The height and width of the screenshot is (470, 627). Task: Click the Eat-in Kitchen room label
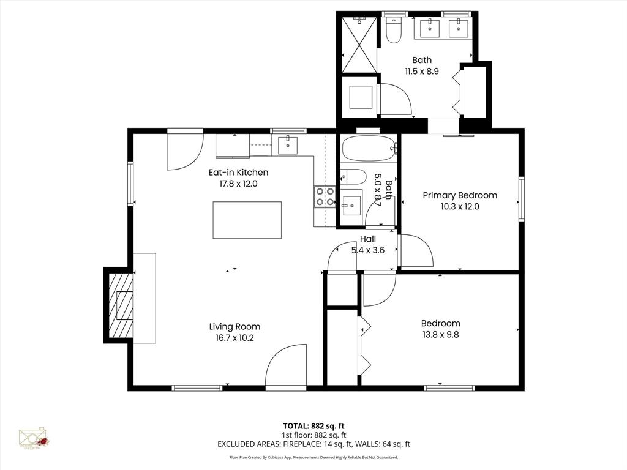pyautogui.click(x=238, y=173)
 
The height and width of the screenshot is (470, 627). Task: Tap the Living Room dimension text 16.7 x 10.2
pyautogui.click(x=235, y=338)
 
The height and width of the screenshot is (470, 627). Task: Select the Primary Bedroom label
pyautogui.click(x=460, y=195)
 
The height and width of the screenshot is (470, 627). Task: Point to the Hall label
pyautogui.click(x=367, y=239)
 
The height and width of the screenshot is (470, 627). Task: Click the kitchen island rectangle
pyautogui.click(x=247, y=220)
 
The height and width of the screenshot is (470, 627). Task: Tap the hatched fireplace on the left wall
pyautogui.click(x=121, y=305)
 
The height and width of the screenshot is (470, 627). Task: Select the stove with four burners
pyautogui.click(x=325, y=196)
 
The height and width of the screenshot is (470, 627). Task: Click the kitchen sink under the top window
pyautogui.click(x=287, y=146)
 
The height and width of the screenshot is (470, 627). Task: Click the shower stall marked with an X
pyautogui.click(x=358, y=45)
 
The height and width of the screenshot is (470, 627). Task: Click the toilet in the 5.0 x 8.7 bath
pyautogui.click(x=353, y=176)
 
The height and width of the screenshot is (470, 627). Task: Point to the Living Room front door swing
pyautogui.click(x=287, y=367)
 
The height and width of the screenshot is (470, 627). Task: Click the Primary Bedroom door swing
pyautogui.click(x=416, y=251)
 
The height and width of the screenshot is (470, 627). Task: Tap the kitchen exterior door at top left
pyautogui.click(x=184, y=151)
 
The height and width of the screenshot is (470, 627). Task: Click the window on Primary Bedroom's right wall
pyautogui.click(x=522, y=198)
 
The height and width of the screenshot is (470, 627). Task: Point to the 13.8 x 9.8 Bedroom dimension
pyautogui.click(x=440, y=335)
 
